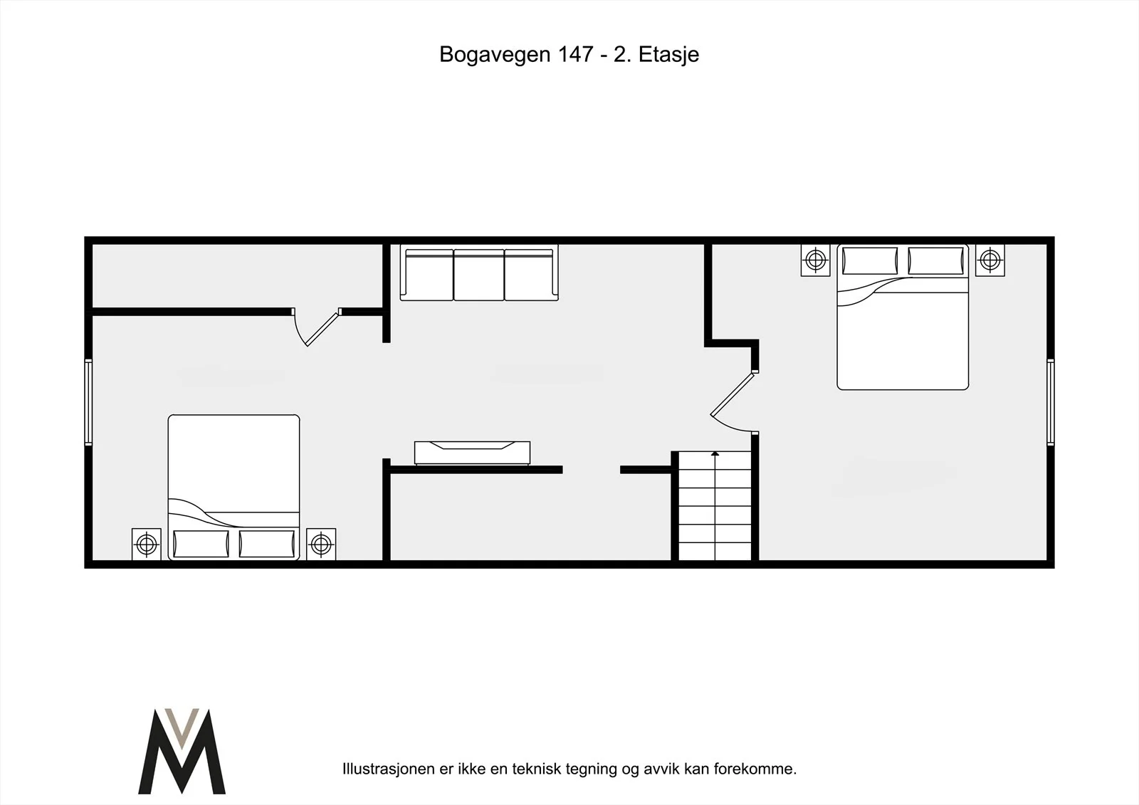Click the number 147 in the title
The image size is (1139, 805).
coord(575,54)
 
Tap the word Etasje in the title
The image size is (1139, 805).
coord(668,55)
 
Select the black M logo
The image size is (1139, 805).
coord(182,751)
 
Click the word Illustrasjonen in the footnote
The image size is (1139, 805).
coord(389,769)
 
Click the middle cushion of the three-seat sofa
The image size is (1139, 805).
coord(479,275)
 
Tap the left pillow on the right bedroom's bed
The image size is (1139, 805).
coord(870,261)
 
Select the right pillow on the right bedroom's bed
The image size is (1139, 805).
coord(935,261)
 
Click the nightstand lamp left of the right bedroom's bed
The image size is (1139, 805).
coord(816,261)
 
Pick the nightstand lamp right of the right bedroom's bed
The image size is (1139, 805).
coord(990,261)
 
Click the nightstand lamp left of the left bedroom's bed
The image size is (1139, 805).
coord(147,544)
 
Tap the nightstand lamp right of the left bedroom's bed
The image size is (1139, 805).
coord(321,544)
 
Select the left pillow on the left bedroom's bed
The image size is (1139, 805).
coord(201,544)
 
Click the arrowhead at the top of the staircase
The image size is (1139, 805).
coord(715,453)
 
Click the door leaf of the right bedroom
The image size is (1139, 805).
coord(733,394)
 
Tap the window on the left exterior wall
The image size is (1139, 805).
coord(88,401)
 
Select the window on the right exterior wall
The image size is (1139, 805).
coord(1051,401)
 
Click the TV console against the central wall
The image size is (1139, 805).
coord(473,453)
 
